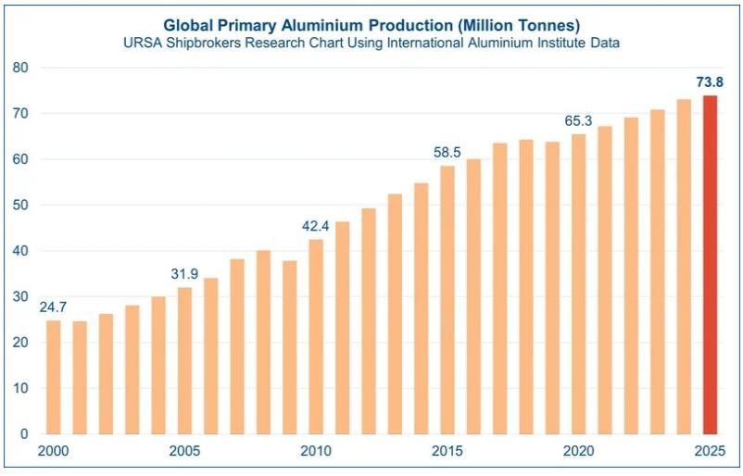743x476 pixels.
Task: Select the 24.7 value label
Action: pos(53,306)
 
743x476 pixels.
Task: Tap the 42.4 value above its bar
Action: pos(316,225)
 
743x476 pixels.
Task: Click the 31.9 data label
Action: pos(184,273)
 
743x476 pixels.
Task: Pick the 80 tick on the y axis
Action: pos(21,68)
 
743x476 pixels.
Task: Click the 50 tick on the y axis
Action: pos(21,205)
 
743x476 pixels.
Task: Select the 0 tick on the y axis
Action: pos(25,433)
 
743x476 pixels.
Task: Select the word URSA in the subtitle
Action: pos(145,43)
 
